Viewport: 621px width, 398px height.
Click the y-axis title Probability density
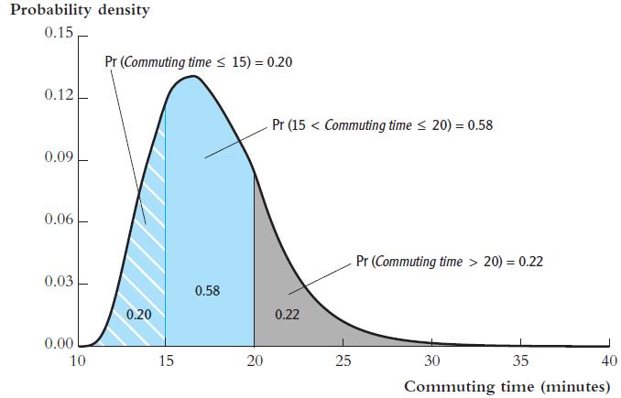point(80,12)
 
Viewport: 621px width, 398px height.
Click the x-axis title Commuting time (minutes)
point(507,386)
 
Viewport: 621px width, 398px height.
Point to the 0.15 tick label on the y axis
point(57,34)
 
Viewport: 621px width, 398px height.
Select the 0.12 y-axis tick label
point(57,96)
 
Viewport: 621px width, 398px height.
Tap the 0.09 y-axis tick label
point(57,158)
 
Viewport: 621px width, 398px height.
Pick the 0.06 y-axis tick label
point(57,221)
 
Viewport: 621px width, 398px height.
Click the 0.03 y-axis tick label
point(57,282)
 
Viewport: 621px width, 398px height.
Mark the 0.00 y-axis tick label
point(57,344)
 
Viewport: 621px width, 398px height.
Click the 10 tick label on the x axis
point(78,360)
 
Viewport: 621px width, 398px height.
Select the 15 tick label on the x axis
point(166,360)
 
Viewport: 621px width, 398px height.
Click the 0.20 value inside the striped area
point(139,314)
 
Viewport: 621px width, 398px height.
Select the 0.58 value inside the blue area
point(207,291)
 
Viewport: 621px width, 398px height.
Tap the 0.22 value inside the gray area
point(287,315)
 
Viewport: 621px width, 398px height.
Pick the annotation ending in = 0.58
point(383,125)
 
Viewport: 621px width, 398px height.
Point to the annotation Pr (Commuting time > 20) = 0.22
point(450,261)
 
